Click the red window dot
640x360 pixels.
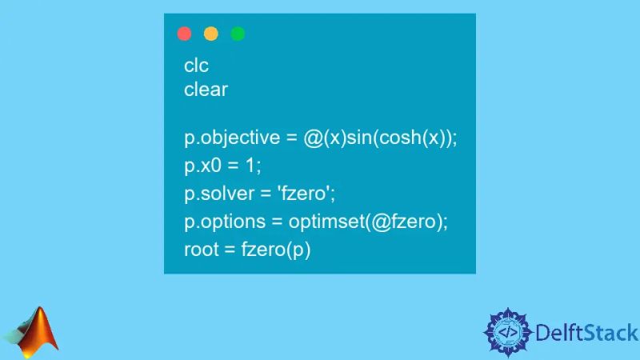click(184, 34)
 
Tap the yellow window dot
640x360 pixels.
click(211, 34)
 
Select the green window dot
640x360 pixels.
click(238, 34)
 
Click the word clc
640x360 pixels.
click(196, 66)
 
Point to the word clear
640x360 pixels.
click(206, 90)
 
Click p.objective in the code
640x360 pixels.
click(230, 138)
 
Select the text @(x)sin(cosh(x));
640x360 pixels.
click(380, 138)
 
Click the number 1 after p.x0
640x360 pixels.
click(253, 166)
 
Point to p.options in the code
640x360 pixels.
click(223, 222)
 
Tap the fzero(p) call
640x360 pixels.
click(276, 250)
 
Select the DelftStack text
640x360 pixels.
click(586, 332)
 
